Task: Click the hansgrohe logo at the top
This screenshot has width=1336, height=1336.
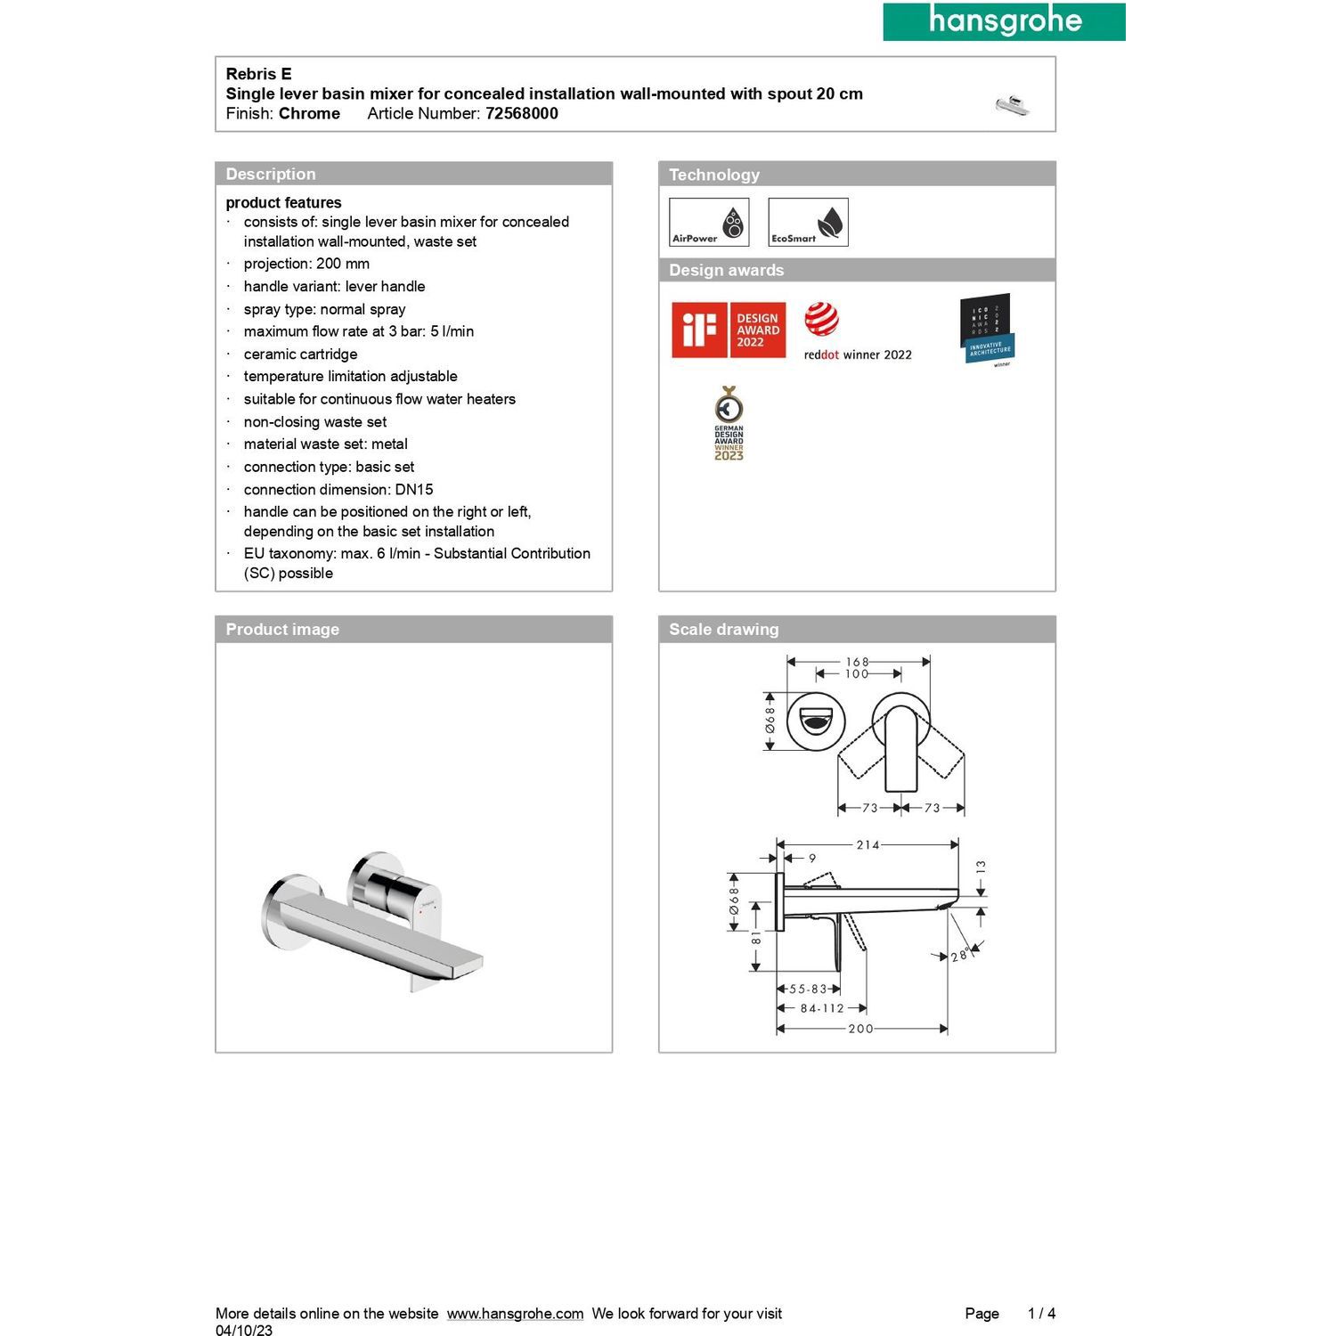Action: tap(1004, 21)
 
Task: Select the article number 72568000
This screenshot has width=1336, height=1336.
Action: tap(521, 113)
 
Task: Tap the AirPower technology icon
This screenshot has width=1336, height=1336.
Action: tap(709, 222)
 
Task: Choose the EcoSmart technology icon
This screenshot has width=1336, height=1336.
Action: tap(808, 222)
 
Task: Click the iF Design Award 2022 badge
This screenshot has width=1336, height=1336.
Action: tap(729, 330)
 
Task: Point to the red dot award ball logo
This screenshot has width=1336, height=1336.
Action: tap(821, 319)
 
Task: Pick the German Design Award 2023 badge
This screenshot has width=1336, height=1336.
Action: tap(729, 423)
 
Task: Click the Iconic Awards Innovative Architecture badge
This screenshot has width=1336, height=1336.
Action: tap(987, 329)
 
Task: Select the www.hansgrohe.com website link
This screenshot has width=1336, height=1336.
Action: tap(515, 1313)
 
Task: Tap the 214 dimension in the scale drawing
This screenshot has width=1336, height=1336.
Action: tap(868, 844)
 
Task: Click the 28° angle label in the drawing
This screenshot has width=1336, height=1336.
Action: tap(959, 956)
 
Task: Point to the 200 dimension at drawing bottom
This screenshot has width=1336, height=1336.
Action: tap(860, 1029)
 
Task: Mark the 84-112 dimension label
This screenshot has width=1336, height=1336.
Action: tap(821, 1008)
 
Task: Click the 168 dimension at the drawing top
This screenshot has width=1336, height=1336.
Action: tap(857, 662)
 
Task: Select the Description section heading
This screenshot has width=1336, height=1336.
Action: tap(271, 174)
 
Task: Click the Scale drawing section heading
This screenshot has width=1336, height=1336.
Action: tap(723, 629)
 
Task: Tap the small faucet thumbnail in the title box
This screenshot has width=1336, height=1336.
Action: tap(1013, 105)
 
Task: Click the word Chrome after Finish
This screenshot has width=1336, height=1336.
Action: tap(309, 113)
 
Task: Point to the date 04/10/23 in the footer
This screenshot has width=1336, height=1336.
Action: tap(244, 1331)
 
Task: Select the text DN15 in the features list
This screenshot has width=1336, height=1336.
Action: tap(414, 489)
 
